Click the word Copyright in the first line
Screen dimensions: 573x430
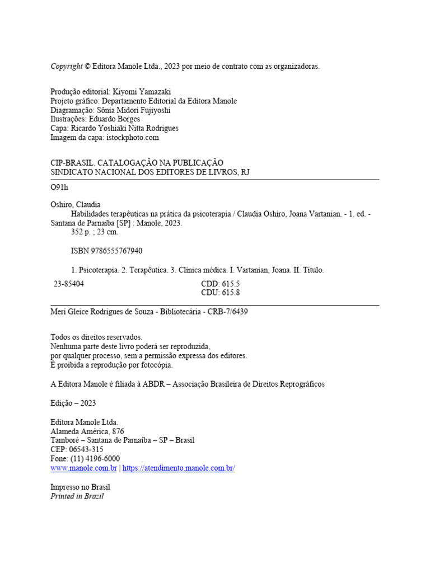[x=67, y=66]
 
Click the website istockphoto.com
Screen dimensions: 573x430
[x=131, y=137]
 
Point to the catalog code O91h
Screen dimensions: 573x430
[x=59, y=187]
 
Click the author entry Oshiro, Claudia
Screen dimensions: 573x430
[x=76, y=205]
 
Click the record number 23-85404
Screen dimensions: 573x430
[x=69, y=284]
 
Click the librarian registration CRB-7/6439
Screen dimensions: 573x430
[x=227, y=312]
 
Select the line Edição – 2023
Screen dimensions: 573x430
[x=73, y=403]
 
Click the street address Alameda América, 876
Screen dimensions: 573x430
[x=87, y=431]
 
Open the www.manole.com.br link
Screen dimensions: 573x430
[x=83, y=468]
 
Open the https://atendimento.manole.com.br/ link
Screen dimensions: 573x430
[x=178, y=468]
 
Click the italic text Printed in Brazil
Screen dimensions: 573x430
[x=77, y=496]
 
